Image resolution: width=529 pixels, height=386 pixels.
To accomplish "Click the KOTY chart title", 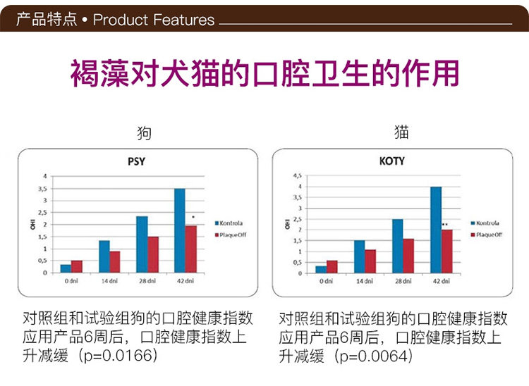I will (392, 161).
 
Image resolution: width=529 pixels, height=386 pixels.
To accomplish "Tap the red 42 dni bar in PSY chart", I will (190, 249).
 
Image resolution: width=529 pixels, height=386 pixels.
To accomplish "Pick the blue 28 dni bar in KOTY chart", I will (398, 247).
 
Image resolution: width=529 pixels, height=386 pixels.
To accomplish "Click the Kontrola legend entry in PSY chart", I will (232, 221).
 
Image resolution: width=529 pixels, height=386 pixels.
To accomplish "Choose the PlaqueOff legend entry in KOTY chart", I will (488, 233).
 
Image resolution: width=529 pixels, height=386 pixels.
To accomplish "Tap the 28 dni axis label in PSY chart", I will (147, 280).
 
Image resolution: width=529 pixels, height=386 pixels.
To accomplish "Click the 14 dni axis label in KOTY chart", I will (364, 281).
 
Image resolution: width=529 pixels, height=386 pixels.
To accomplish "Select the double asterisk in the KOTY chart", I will (445, 224).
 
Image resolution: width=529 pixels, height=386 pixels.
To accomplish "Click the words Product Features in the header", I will (154, 19).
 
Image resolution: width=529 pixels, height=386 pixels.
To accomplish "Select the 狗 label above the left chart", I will (144, 133).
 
